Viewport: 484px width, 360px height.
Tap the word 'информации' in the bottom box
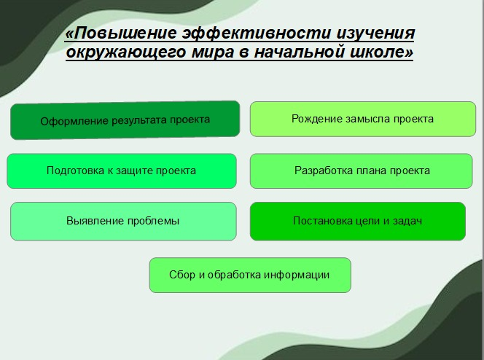[x=301, y=275]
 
